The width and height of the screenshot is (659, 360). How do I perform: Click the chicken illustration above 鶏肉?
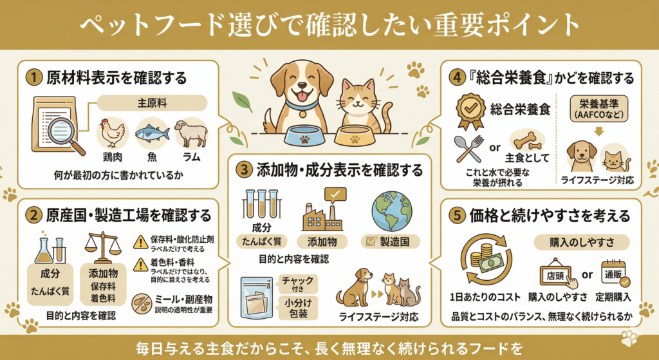(x=112, y=133)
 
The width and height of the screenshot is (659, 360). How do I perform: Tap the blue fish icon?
(x=152, y=134)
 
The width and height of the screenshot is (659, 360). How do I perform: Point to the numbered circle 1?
(x=33, y=78)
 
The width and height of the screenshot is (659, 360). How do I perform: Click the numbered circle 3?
(x=244, y=170)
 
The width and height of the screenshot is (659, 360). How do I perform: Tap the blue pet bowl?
(x=304, y=136)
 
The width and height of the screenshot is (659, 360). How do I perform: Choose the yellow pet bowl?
(x=355, y=136)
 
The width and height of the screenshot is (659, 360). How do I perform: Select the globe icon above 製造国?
(x=392, y=211)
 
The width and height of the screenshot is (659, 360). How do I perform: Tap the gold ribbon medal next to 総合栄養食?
(x=470, y=111)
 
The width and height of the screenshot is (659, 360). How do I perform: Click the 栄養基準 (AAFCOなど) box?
(x=599, y=108)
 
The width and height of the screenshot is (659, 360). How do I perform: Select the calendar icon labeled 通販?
(x=614, y=274)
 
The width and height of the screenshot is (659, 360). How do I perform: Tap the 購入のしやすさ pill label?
(x=582, y=243)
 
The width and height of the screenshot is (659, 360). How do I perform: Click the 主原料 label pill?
(x=152, y=103)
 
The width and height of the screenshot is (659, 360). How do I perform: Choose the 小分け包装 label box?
(x=298, y=308)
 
